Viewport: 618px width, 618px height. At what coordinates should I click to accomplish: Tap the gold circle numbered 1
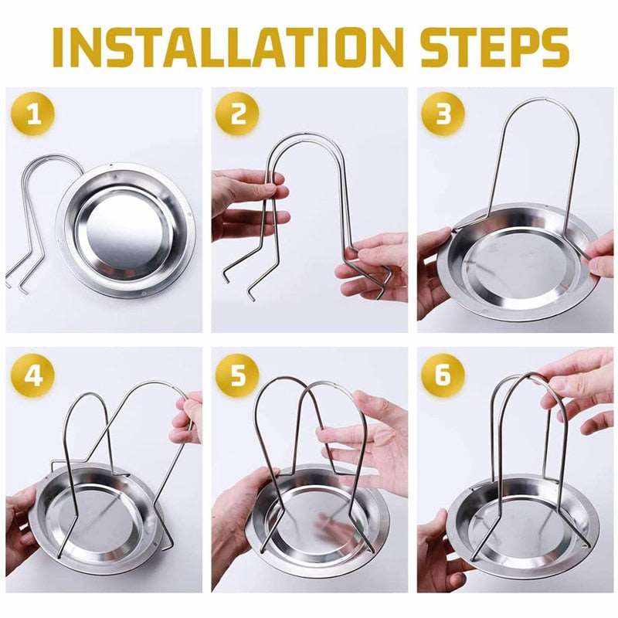(x=32, y=114)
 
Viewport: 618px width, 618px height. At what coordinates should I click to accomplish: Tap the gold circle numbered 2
(x=239, y=114)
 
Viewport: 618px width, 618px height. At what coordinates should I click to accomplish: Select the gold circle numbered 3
(x=443, y=114)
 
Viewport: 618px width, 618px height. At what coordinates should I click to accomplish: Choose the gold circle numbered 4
(x=32, y=375)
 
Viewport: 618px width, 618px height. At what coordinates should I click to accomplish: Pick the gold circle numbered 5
(x=239, y=375)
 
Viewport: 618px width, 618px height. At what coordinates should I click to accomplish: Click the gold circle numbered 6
(x=443, y=375)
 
